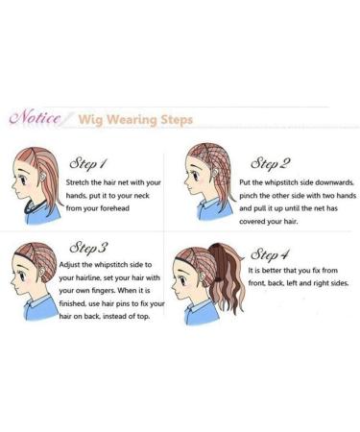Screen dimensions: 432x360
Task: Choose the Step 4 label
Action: (270, 254)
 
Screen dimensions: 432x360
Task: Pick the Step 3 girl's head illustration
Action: (35, 273)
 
